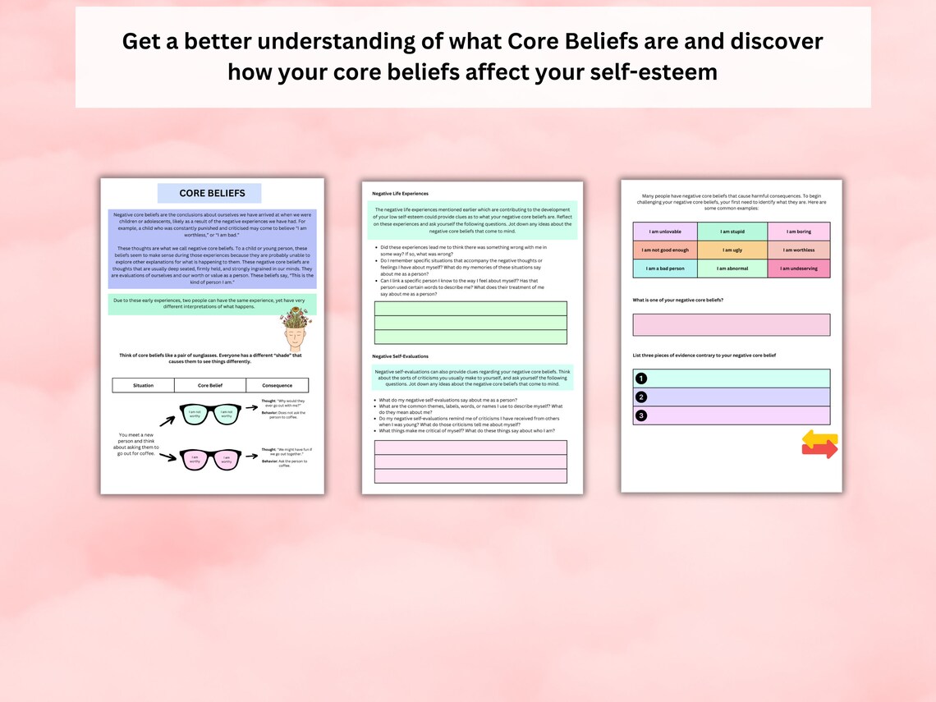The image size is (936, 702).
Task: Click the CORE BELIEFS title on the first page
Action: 212,194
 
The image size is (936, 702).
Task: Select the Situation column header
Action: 144,385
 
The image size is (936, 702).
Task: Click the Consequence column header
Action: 277,385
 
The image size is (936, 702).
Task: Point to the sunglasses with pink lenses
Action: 211,459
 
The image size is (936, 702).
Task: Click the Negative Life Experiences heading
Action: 400,194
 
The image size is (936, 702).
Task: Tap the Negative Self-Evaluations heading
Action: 400,356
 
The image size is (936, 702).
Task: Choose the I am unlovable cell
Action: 665,232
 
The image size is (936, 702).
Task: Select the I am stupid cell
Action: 732,232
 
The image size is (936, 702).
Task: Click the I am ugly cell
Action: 732,250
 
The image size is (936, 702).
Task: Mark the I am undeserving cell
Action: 799,268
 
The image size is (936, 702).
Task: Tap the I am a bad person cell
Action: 665,268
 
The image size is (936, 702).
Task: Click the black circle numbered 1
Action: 641,379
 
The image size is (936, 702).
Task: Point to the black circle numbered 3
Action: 641,415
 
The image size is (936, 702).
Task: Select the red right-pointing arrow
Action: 820,450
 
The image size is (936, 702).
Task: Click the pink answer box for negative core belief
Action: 731,325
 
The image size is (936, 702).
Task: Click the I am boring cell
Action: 799,232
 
